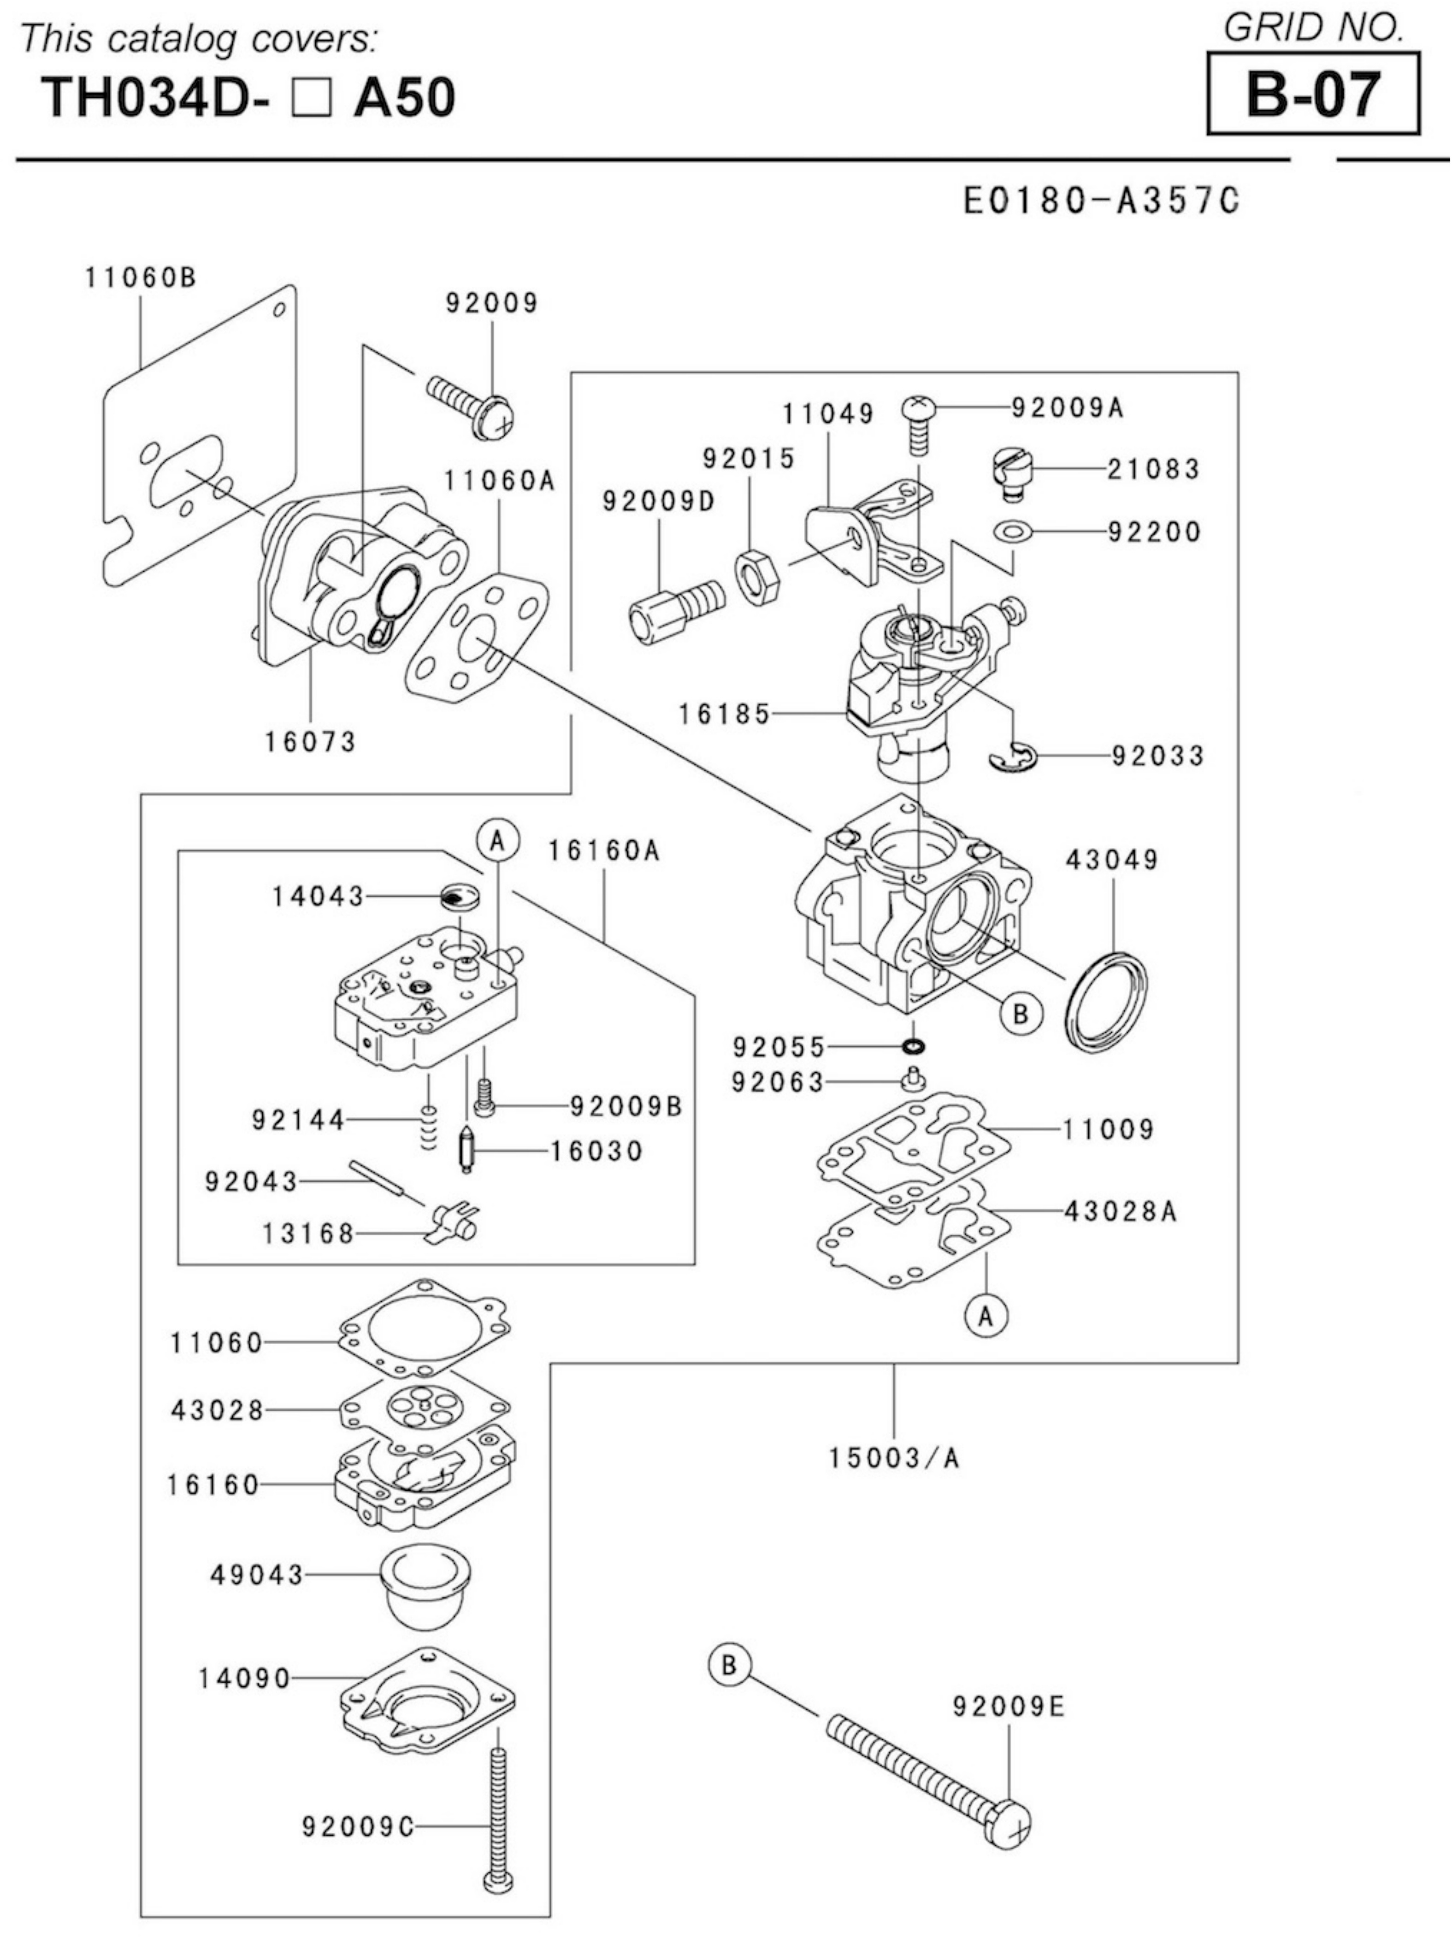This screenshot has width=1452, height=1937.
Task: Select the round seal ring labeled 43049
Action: pos(1107,999)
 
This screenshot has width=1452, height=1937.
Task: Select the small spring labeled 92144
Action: pos(427,1127)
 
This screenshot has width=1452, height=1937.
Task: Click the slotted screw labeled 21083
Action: pos(1013,473)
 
